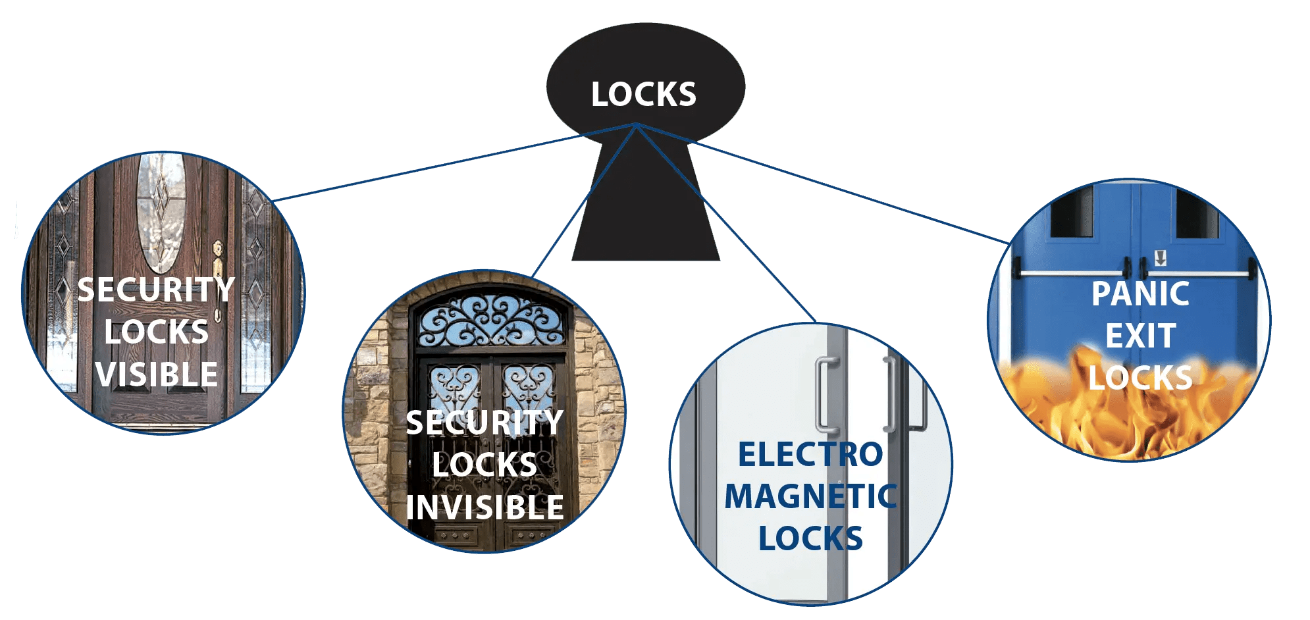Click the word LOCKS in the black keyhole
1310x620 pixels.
[643, 95]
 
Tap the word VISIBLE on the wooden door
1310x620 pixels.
[157, 375]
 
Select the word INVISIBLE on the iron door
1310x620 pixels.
[485, 507]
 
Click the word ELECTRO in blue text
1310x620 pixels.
[810, 455]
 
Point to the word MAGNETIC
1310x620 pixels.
[810, 497]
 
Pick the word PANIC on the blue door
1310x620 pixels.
[1140, 294]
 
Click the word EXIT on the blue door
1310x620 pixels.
[1140, 336]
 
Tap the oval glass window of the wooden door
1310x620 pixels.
[160, 211]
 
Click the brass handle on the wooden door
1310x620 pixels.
[217, 263]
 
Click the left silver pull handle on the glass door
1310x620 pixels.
[823, 395]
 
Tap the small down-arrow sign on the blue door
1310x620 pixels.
[1160, 257]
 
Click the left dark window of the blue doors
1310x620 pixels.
[1071, 212]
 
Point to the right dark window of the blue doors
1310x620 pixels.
[1195, 214]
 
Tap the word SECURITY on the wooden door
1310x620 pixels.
[157, 290]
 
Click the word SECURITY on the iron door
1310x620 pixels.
[485, 423]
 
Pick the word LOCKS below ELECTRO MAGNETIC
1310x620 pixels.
[810, 538]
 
